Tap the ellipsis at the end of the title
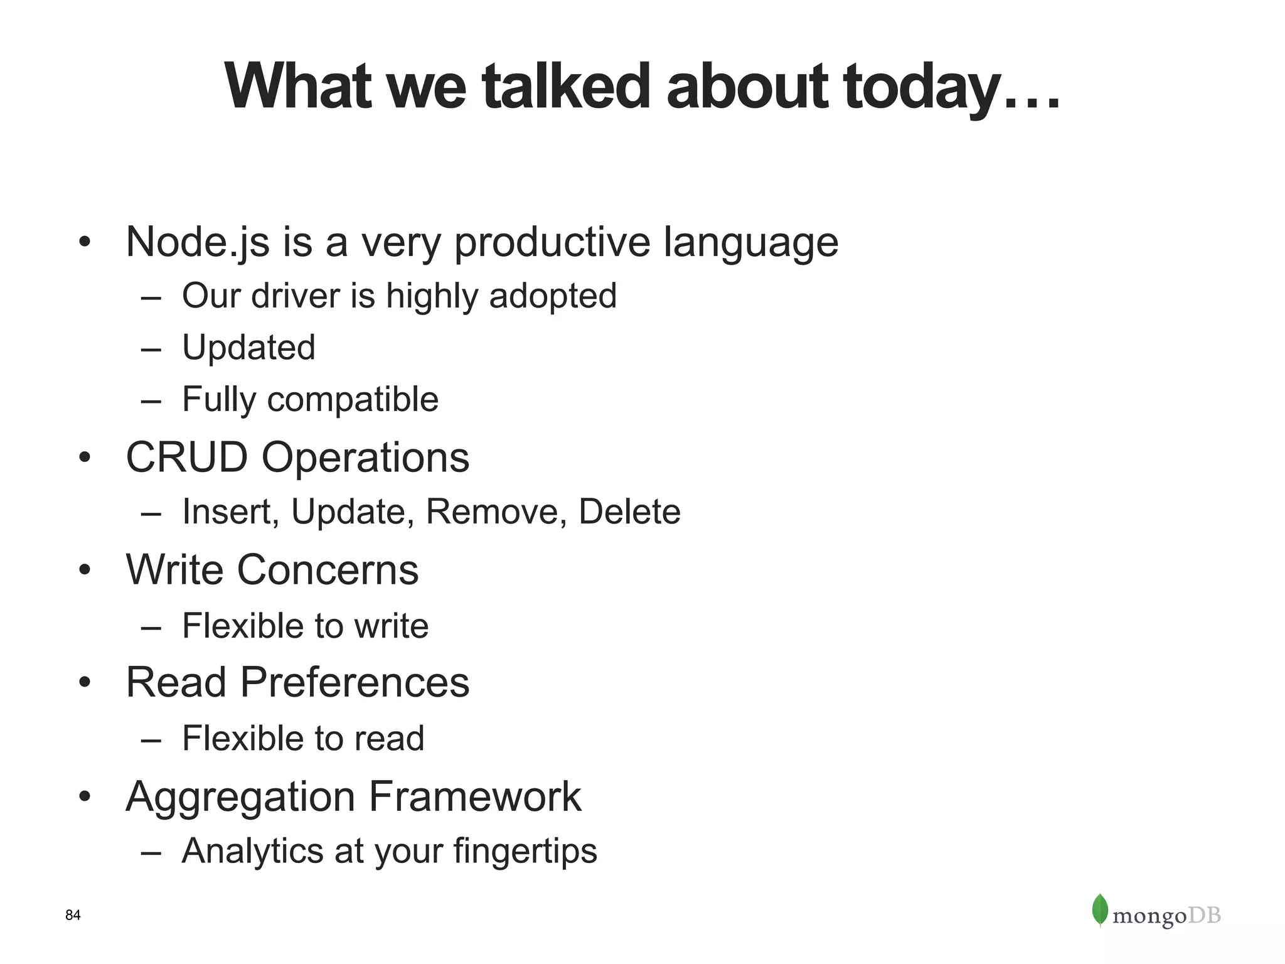coord(1032,100)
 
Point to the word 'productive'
coord(552,242)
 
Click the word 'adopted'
coord(553,296)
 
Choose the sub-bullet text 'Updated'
coord(248,347)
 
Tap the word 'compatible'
coord(353,399)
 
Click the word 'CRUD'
coord(187,457)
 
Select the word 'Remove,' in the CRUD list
coord(497,511)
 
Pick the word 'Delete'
coord(629,511)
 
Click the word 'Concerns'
coord(328,570)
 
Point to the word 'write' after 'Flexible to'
coord(392,626)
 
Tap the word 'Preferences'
coord(355,682)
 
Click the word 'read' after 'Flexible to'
coord(390,738)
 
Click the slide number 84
coord(73,915)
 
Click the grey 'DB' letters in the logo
coord(1205,916)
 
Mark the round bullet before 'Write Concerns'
coord(85,570)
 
